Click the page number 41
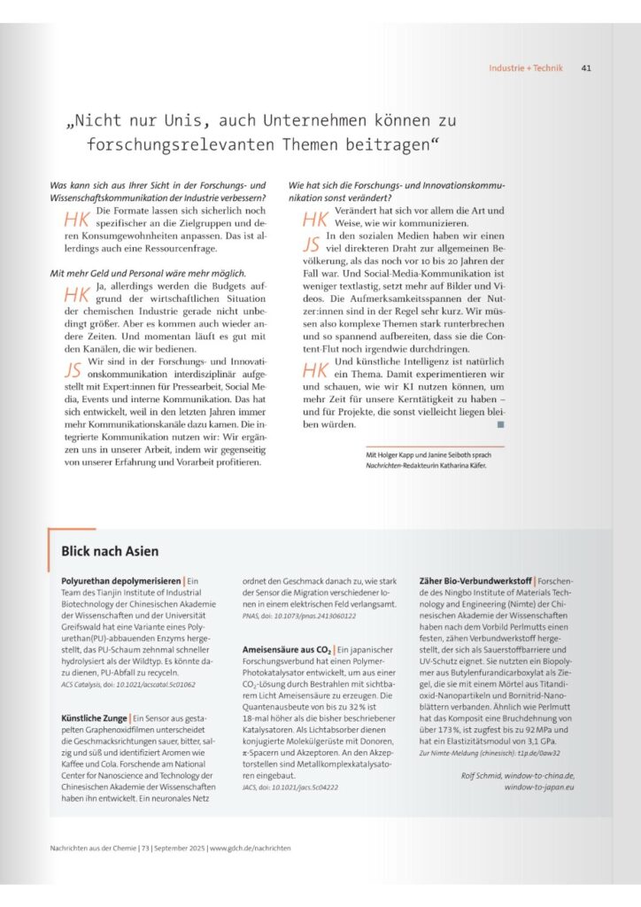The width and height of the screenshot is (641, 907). click(x=586, y=68)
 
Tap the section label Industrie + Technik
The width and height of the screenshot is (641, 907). click(x=528, y=68)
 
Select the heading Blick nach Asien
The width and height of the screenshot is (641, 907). click(x=110, y=551)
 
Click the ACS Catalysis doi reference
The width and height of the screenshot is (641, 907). click(x=123, y=684)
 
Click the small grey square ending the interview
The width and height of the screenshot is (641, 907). click(x=501, y=425)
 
